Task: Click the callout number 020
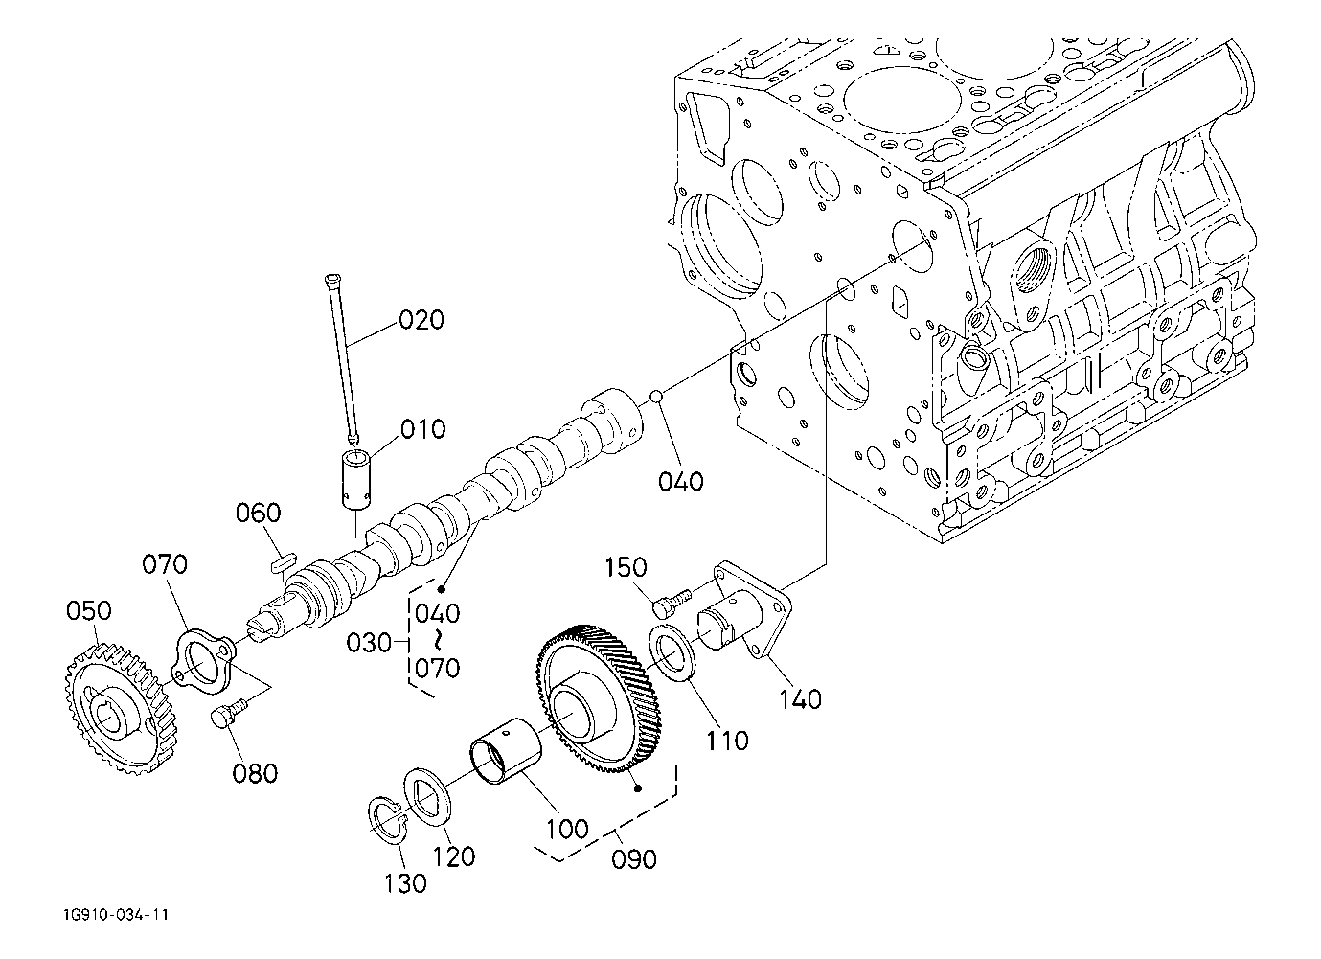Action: (421, 320)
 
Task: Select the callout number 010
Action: (422, 429)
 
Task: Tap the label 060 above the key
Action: (259, 513)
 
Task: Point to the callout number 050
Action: (88, 610)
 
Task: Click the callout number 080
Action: (255, 774)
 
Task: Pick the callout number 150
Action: (626, 567)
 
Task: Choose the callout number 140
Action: (800, 699)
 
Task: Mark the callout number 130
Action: (405, 883)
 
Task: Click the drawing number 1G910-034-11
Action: (117, 915)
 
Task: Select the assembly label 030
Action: (369, 643)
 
